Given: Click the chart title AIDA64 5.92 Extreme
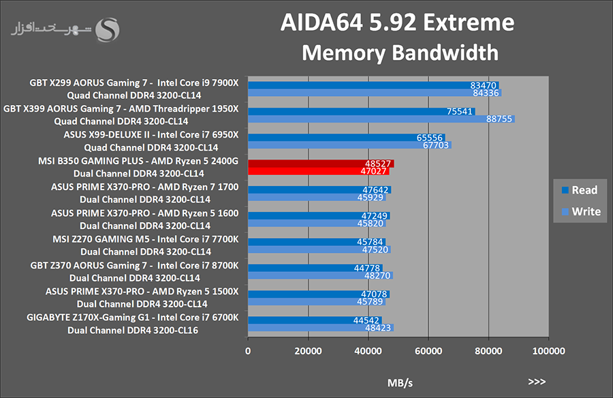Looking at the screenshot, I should point(397,22).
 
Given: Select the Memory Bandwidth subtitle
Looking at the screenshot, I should point(400,52).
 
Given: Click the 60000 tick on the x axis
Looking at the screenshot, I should point(428,351).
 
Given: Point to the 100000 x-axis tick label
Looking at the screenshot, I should point(548,351).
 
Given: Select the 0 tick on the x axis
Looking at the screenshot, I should point(248,351).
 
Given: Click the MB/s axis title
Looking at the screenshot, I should point(399,382).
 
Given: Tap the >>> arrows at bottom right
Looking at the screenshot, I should point(536,382).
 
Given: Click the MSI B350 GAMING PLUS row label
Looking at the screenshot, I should point(139,161).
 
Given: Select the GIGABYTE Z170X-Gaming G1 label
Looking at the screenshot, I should point(133,318).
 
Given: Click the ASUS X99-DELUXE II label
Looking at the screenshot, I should point(151,134).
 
